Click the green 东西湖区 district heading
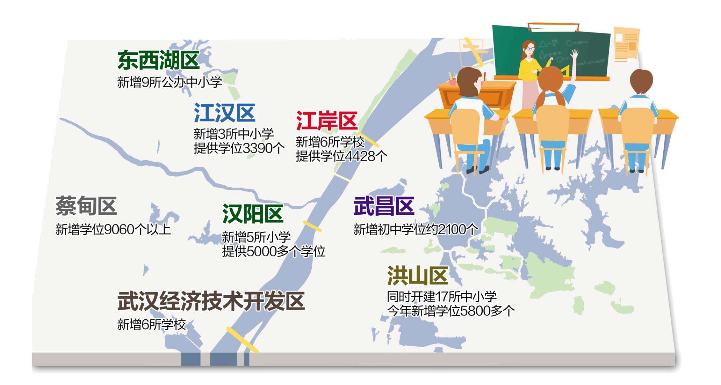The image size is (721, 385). (x=158, y=60)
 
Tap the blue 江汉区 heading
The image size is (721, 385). (x=224, y=112)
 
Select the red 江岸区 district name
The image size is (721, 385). (x=326, y=121)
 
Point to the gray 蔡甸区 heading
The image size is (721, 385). (x=86, y=206)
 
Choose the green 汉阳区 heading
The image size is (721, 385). (x=253, y=214)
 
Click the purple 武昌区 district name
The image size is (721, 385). (x=384, y=206)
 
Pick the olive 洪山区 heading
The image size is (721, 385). (x=418, y=276)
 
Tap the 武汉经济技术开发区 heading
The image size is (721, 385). (x=211, y=301)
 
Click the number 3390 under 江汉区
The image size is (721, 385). (x=257, y=148)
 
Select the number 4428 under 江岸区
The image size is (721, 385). (x=359, y=156)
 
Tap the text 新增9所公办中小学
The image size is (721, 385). (x=170, y=82)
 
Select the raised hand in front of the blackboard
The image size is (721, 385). (x=574, y=54)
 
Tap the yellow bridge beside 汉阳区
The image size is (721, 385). (x=312, y=226)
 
